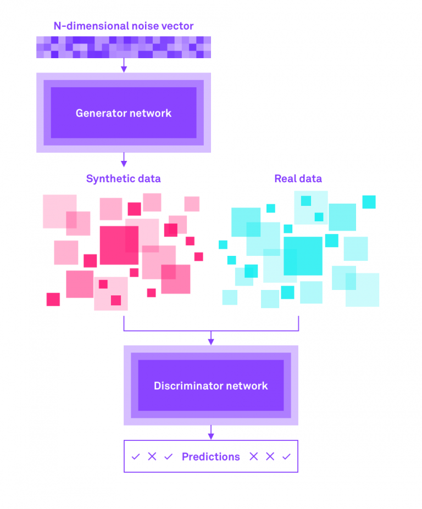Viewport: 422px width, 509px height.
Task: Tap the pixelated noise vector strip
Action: pyautogui.click(x=124, y=47)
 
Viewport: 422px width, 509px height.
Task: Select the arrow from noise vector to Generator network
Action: pyautogui.click(x=124, y=65)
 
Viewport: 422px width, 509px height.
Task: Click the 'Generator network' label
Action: pyautogui.click(x=124, y=113)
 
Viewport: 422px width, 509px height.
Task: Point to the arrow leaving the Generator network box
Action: pyautogui.click(x=124, y=160)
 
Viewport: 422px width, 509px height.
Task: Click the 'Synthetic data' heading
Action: pyautogui.click(x=124, y=178)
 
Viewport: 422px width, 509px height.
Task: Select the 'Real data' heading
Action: pyautogui.click(x=298, y=178)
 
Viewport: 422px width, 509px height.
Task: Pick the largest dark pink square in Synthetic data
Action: pyautogui.click(x=119, y=245)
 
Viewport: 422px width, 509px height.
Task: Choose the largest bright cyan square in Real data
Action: pyautogui.click(x=303, y=256)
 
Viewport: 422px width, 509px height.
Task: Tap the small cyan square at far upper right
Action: pyautogui.click(x=369, y=202)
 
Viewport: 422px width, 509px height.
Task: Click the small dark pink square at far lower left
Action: pyautogui.click(x=53, y=299)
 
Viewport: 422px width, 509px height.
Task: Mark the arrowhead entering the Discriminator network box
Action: pyautogui.click(x=211, y=342)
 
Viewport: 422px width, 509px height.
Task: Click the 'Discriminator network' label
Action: pyautogui.click(x=211, y=385)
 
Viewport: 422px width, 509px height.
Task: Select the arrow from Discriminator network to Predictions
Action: pyautogui.click(x=211, y=432)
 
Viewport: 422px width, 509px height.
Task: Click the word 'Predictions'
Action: pyautogui.click(x=211, y=457)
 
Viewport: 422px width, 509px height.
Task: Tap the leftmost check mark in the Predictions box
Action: pyautogui.click(x=136, y=457)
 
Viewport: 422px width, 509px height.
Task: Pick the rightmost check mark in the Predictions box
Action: pyautogui.click(x=286, y=457)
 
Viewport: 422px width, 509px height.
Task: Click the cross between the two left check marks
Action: pyautogui.click(x=152, y=457)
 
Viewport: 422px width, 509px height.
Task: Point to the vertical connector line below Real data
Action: pyautogui.click(x=298, y=323)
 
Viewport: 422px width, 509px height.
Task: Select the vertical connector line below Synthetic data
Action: pyautogui.click(x=124, y=323)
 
